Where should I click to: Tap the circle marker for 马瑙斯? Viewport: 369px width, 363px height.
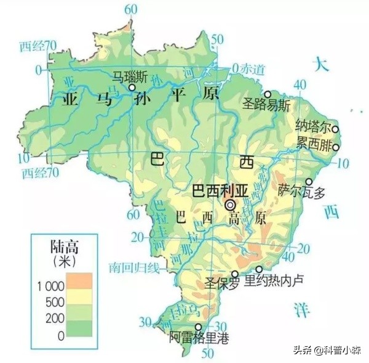click(x=131, y=88)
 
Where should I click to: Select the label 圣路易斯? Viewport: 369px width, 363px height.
click(x=266, y=105)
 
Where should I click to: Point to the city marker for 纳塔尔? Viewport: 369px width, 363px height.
click(x=336, y=129)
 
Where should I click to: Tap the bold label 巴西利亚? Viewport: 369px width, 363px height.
click(x=220, y=190)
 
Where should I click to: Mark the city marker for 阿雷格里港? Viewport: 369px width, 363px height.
click(x=198, y=327)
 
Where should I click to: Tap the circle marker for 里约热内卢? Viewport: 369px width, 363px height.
click(x=259, y=269)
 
